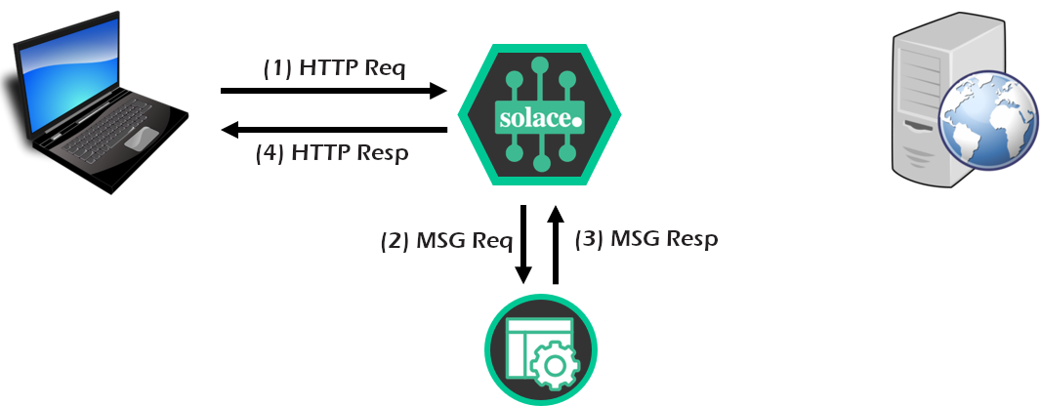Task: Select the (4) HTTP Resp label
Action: point(332,153)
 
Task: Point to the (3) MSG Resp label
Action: point(646,239)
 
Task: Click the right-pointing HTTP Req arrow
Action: point(332,91)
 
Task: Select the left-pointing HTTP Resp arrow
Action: point(332,129)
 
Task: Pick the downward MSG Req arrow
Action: point(524,244)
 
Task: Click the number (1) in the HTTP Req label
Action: point(277,69)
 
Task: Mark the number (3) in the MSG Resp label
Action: point(589,239)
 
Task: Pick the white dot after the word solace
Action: point(575,121)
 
